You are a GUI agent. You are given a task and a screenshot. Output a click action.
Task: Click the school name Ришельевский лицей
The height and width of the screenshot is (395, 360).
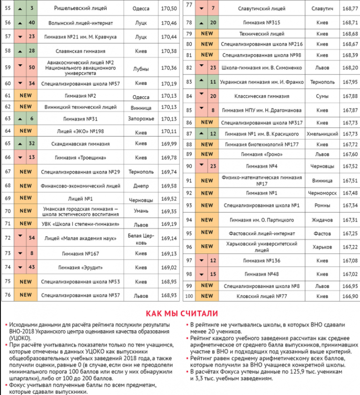point(80,8)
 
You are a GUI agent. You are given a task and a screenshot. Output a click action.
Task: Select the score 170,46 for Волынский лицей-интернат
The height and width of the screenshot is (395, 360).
point(168,23)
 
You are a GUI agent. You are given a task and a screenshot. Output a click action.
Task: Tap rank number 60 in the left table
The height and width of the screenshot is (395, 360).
point(7,84)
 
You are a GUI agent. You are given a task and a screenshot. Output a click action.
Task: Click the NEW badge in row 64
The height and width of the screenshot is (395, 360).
point(26,131)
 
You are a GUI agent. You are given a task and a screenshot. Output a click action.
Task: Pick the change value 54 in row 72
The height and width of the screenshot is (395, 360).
point(32,238)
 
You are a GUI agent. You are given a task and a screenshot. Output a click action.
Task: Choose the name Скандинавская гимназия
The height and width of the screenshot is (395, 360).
point(81,144)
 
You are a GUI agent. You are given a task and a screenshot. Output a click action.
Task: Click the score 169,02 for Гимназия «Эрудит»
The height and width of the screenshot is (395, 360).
point(168,267)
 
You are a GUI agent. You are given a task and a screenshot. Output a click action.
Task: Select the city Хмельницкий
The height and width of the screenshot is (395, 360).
point(322,134)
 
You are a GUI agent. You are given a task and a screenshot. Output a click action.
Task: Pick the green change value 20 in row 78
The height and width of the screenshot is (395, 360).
point(213,22)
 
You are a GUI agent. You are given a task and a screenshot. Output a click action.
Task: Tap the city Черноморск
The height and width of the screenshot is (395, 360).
point(322,193)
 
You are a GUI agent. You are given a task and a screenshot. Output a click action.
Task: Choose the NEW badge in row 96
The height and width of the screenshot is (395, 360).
point(207,247)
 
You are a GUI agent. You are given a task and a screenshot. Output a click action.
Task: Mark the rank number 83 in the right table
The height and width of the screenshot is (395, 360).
point(189,82)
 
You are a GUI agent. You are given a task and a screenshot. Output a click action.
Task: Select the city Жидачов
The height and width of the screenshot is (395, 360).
point(322,220)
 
